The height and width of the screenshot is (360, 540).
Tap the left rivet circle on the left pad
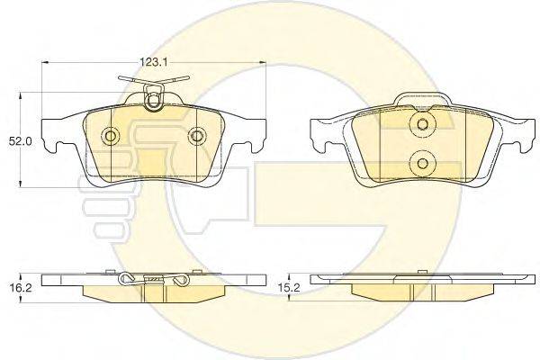[111, 135]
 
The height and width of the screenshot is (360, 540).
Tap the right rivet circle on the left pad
[197, 135]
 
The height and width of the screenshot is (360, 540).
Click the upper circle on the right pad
[422, 123]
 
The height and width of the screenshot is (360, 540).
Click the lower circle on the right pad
[422, 163]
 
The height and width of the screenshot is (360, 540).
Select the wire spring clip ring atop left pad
[153, 101]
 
